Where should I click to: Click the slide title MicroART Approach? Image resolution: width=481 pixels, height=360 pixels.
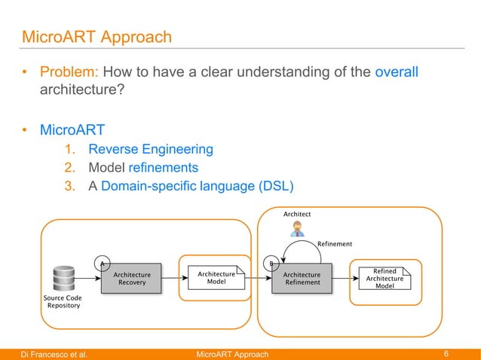tap(97, 36)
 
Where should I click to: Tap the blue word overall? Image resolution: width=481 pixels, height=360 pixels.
tap(396, 73)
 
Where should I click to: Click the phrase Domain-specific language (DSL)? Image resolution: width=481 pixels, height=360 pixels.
tap(196, 185)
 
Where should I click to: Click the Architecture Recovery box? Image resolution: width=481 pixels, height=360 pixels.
tap(132, 279)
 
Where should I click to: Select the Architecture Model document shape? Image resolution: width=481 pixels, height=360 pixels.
tap(216, 279)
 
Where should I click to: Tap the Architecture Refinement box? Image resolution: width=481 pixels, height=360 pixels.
tap(302, 279)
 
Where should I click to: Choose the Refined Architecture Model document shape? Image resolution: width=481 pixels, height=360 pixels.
tap(384, 279)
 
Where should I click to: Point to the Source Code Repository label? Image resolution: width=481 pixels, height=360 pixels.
tap(63, 302)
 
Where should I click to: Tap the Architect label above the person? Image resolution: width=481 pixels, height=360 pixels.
tap(297, 215)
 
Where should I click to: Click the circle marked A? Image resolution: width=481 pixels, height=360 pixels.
tap(102, 263)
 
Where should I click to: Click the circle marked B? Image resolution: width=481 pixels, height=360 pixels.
tap(271, 264)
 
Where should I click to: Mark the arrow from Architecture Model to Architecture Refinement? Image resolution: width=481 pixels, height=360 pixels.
tap(258, 279)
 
